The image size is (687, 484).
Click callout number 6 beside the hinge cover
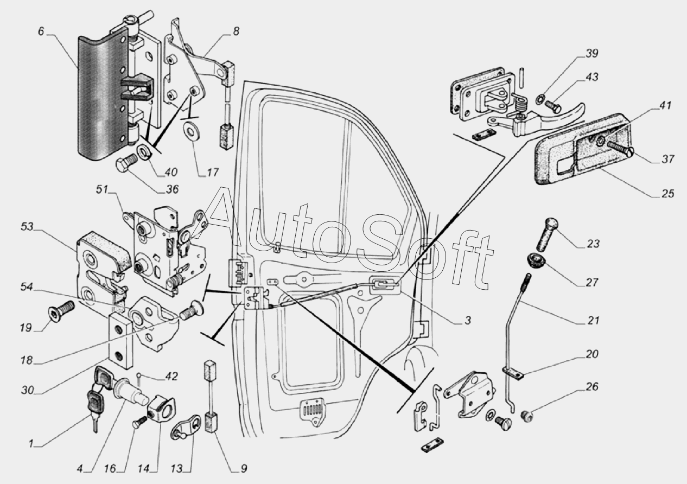pyautogui.click(x=41, y=31)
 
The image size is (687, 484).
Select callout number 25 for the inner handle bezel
pyautogui.click(x=667, y=194)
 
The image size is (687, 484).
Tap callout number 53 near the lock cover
pyautogui.click(x=28, y=227)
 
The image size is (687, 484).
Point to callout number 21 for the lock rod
pyautogui.click(x=593, y=321)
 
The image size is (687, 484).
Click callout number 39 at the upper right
pyautogui.click(x=591, y=53)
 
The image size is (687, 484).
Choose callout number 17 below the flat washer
pyautogui.click(x=212, y=172)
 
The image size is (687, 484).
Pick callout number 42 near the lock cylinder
pyautogui.click(x=171, y=377)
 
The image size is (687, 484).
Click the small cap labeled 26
pyautogui.click(x=527, y=416)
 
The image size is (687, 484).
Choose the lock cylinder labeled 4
pyautogui.click(x=131, y=392)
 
